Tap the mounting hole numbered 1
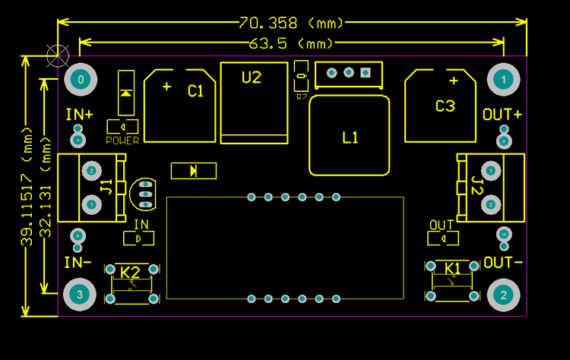[x=503, y=78]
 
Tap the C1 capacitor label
[x=196, y=91]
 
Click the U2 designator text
[x=252, y=77]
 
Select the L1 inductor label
[x=350, y=137]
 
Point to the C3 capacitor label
[x=445, y=106]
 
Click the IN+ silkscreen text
[x=79, y=115]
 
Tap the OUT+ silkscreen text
[x=502, y=115]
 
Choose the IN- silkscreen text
[x=78, y=263]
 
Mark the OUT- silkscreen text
[x=503, y=263]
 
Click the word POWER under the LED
[x=122, y=141]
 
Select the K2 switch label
[x=131, y=272]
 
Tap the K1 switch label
[x=453, y=268]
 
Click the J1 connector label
[x=106, y=186]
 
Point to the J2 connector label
[x=477, y=185]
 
